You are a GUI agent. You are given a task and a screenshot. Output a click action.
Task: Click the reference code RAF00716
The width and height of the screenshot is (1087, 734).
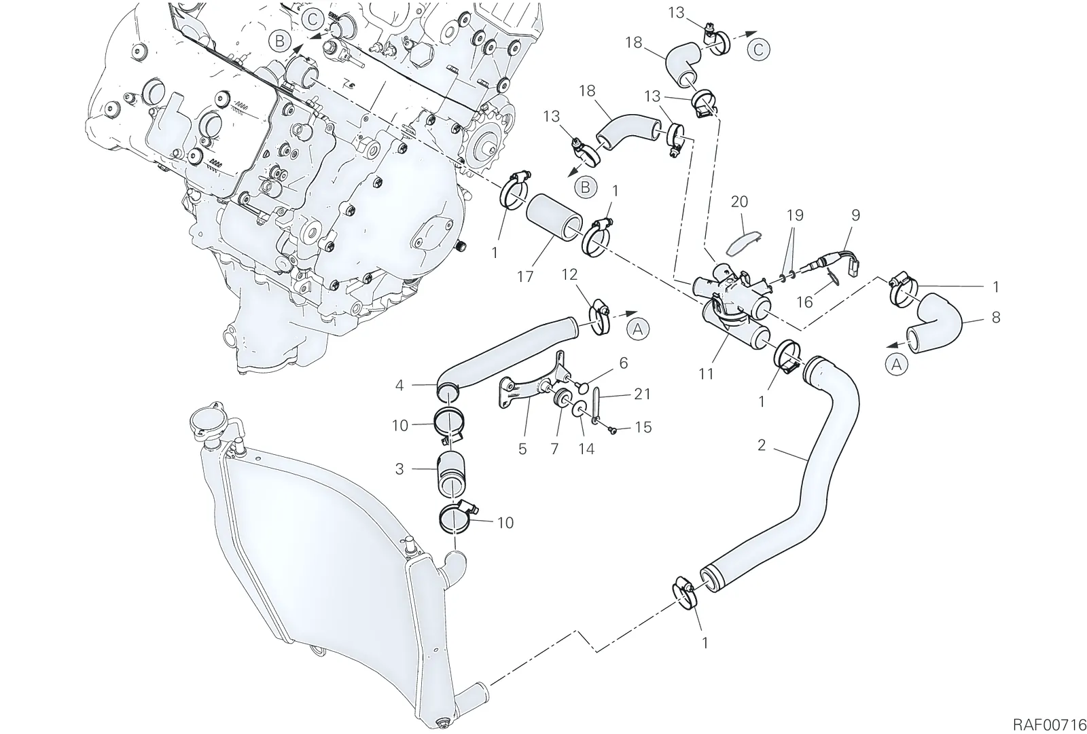1049,712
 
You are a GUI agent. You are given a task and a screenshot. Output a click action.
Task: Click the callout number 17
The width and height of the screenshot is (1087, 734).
525,276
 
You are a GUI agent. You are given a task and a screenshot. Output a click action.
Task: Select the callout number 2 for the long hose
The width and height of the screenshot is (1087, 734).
762,445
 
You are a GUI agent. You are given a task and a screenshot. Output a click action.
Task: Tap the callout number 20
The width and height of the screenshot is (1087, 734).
739,202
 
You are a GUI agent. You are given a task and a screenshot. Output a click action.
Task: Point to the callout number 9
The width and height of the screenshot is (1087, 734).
855,215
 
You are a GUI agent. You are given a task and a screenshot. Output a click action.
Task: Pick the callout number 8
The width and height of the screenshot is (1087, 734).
996,317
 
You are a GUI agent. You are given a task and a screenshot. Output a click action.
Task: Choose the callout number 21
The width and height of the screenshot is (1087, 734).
643,394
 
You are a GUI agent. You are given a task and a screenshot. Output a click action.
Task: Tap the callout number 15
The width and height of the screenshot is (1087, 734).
643,427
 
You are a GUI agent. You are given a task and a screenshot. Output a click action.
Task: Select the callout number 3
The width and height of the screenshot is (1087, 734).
399,469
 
